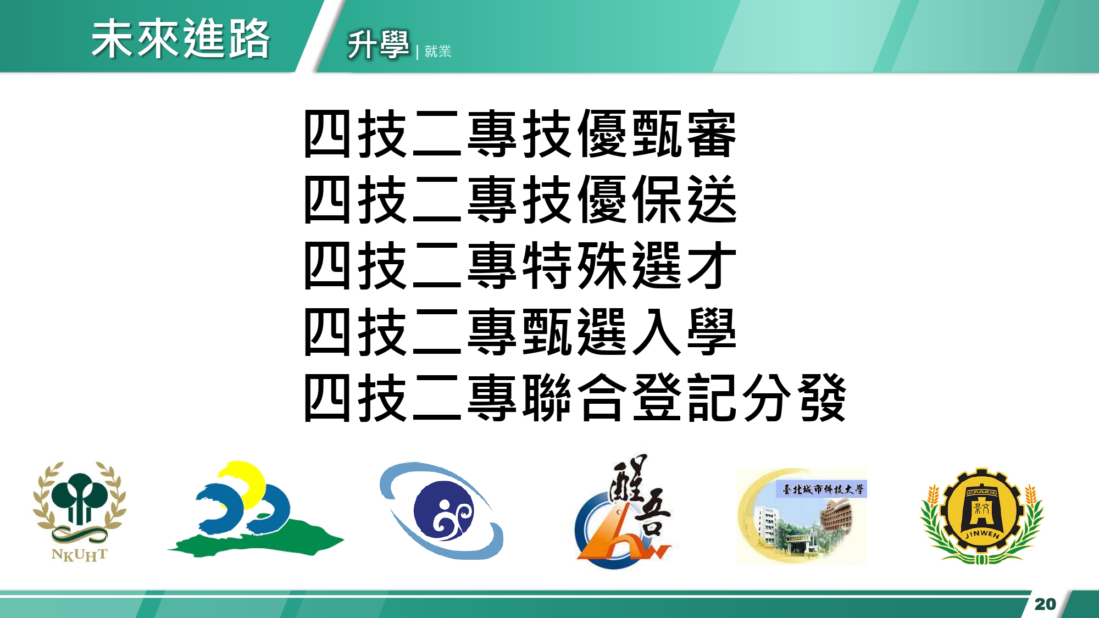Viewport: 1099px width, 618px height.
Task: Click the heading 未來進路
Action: point(181,38)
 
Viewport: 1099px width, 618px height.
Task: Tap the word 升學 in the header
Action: point(378,44)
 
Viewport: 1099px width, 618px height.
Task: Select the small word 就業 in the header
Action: point(438,51)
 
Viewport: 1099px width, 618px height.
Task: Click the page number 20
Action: point(1045,604)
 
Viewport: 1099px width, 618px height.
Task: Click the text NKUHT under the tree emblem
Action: point(80,555)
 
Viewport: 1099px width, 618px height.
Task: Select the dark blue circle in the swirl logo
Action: point(443,511)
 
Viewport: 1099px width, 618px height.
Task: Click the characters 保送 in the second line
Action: point(684,199)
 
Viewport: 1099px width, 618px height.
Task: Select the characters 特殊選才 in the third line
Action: point(629,265)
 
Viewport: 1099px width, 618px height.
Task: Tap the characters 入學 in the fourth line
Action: point(684,331)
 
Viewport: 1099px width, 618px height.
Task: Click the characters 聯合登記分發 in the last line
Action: point(684,397)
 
